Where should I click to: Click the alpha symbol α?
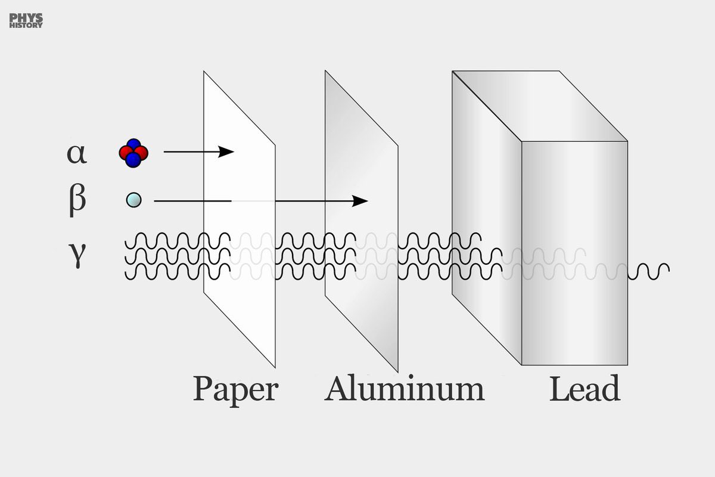click(x=77, y=153)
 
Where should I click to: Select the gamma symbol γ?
click(x=77, y=258)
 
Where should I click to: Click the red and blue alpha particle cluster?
click(x=133, y=153)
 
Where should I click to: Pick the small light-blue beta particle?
click(x=134, y=200)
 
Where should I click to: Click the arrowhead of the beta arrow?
click(x=360, y=201)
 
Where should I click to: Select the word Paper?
click(x=235, y=389)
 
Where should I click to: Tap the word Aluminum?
click(x=405, y=389)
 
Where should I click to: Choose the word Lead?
click(x=585, y=389)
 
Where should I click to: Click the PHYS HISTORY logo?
click(x=26, y=21)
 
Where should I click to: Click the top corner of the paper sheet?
click(x=204, y=72)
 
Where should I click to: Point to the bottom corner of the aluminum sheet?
click(x=397, y=370)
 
